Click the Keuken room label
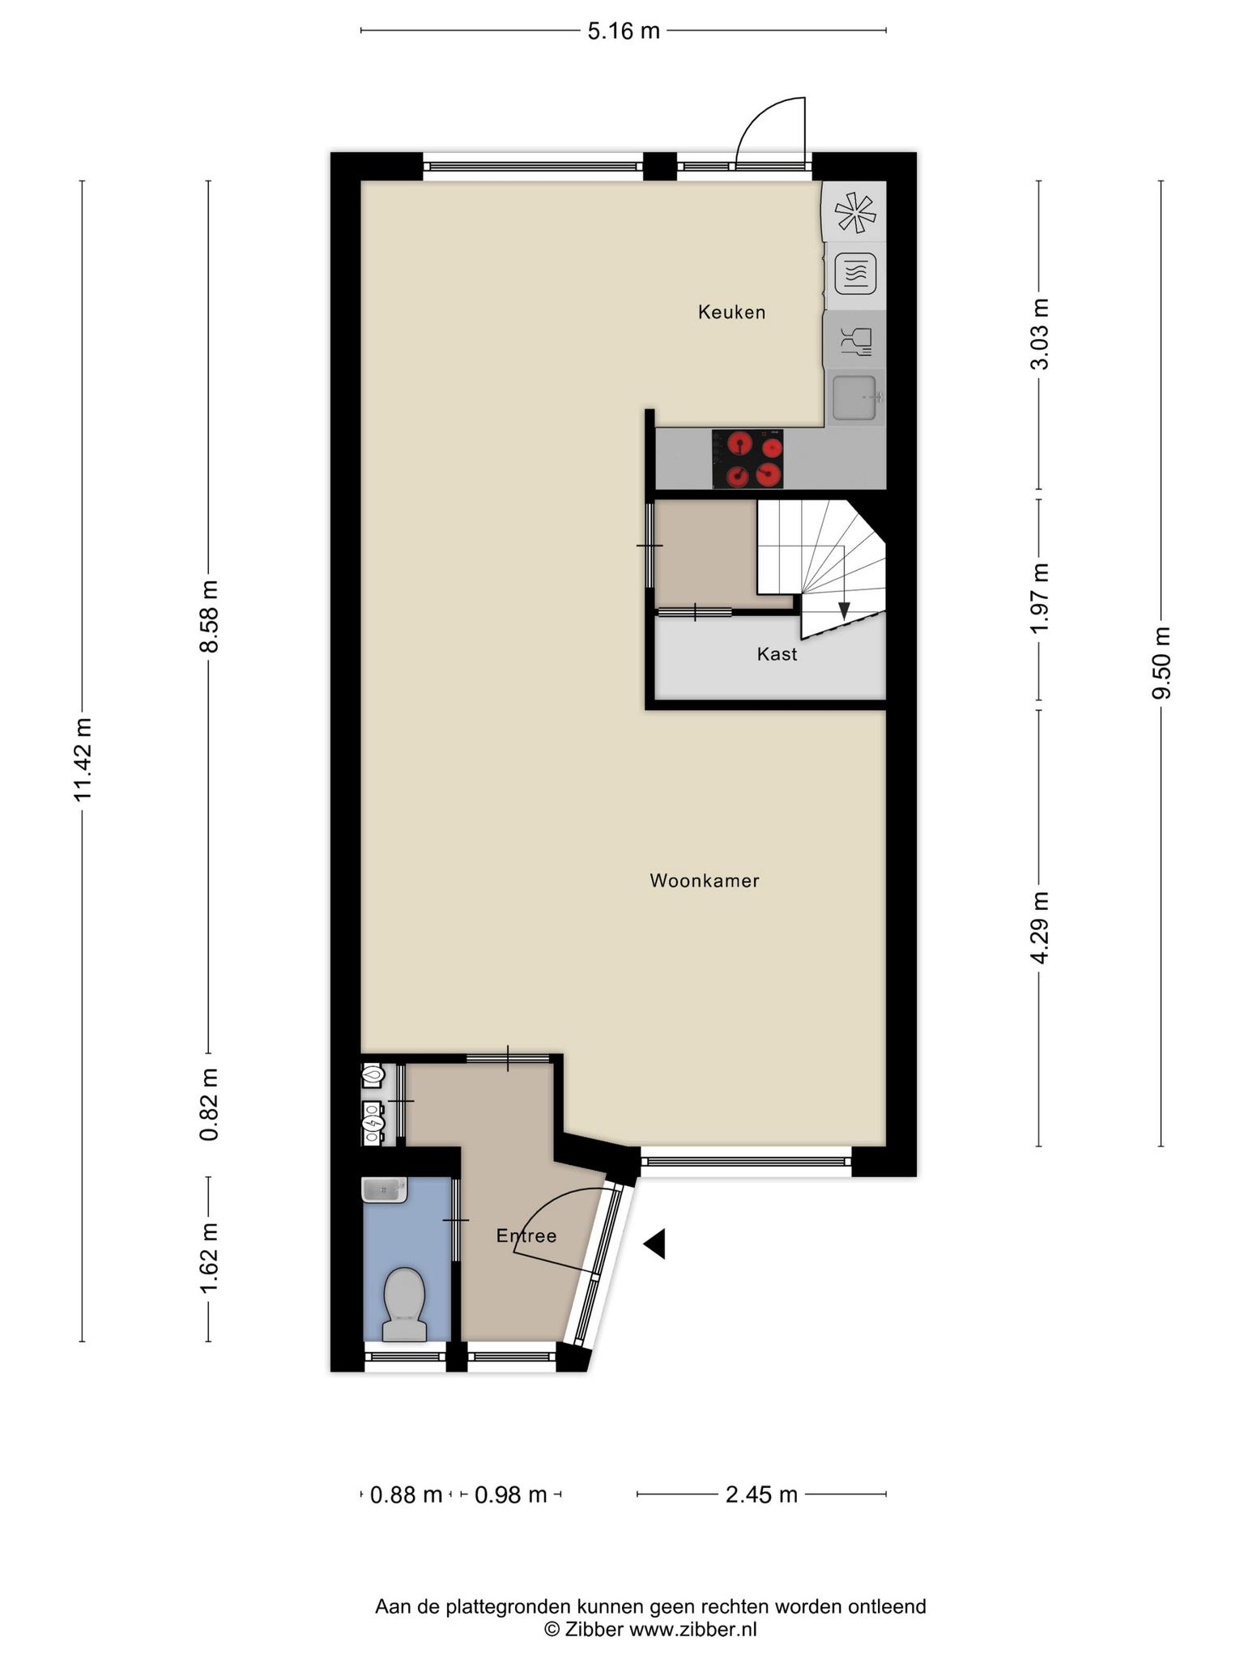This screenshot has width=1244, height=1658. (x=731, y=312)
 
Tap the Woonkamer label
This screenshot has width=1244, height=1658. (x=705, y=880)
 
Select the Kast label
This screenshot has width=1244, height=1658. (x=777, y=653)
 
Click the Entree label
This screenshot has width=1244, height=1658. (x=526, y=1235)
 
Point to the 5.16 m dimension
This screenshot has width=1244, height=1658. (x=624, y=31)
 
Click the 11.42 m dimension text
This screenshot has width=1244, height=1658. (x=83, y=759)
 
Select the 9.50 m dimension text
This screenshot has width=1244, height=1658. (x=1161, y=662)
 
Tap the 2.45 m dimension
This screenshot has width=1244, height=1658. (x=761, y=1494)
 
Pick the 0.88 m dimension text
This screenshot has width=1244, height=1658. (x=406, y=1494)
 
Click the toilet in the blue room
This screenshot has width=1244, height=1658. (x=404, y=1304)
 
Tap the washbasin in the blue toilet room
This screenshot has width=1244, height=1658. (x=385, y=1190)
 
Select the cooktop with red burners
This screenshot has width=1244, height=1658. (x=748, y=459)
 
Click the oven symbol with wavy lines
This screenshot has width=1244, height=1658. (x=856, y=274)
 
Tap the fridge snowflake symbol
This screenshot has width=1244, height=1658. (x=856, y=213)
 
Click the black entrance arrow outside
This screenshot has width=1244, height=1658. (x=654, y=1243)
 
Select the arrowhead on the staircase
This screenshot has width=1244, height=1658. (x=844, y=611)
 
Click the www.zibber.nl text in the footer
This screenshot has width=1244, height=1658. (x=692, y=1630)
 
